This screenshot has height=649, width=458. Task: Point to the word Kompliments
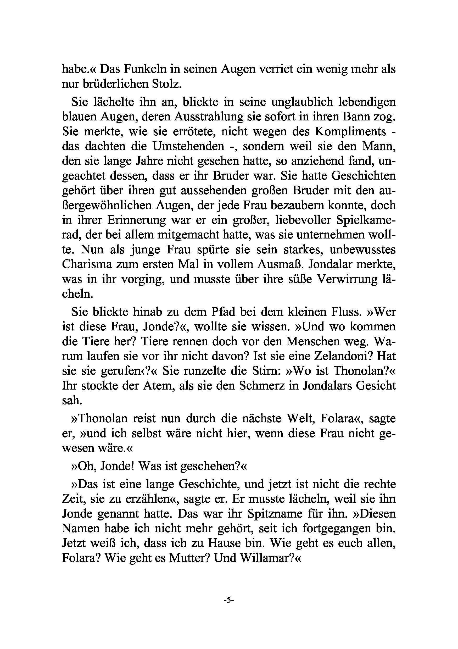coord(350,131)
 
